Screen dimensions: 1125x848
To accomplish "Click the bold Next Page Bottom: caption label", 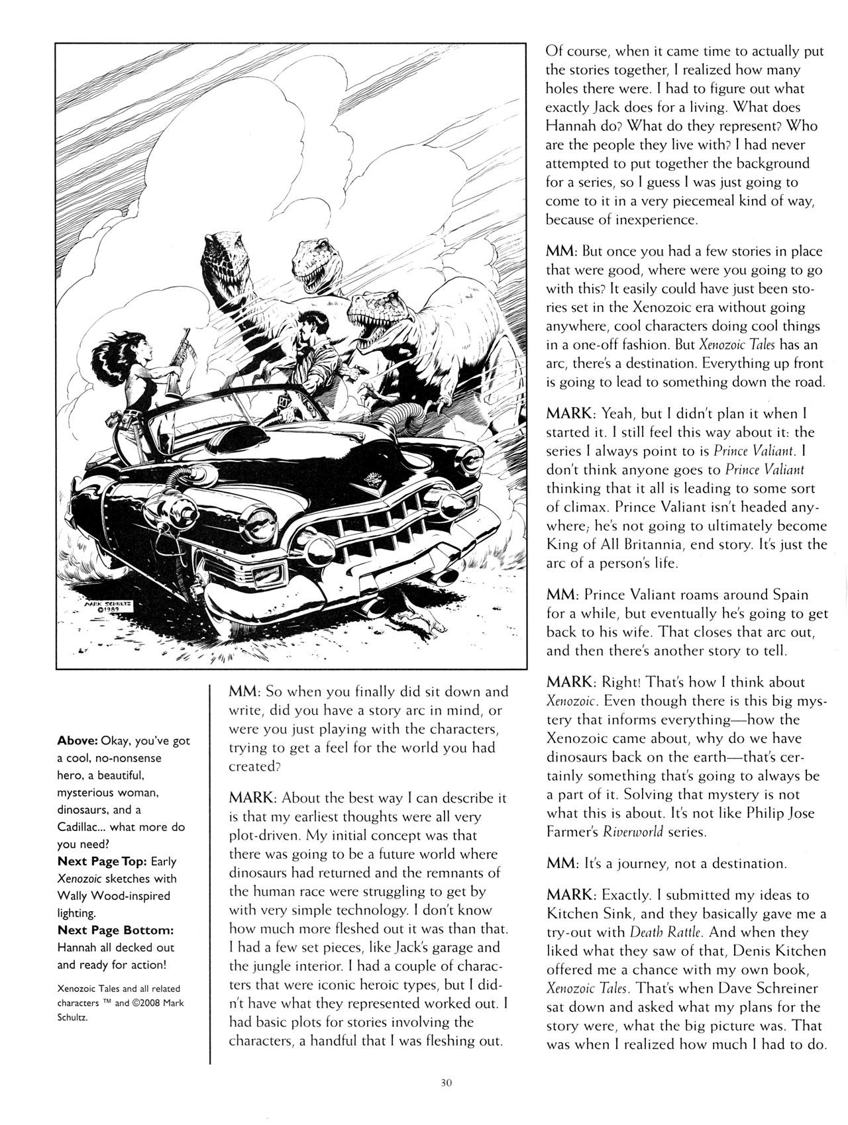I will tap(115, 930).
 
